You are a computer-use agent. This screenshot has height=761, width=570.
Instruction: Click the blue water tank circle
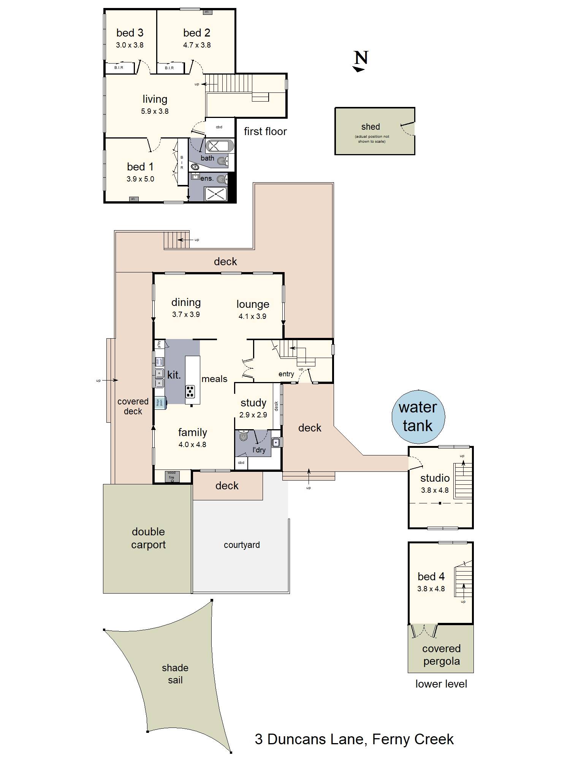coord(418,417)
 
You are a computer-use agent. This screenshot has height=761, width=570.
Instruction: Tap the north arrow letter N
coord(361,58)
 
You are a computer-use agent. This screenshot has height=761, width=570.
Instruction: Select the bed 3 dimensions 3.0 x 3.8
coord(130,45)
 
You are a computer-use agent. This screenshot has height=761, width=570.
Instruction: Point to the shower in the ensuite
coord(215,193)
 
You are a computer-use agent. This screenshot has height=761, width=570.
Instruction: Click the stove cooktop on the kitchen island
coord(190,391)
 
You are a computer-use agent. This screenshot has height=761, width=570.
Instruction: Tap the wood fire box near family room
coord(172,476)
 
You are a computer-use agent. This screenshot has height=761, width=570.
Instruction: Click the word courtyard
coord(242,545)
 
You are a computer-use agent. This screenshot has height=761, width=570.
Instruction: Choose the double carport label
coord(148,538)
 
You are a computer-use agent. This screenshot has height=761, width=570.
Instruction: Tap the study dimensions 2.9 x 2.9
coord(253,415)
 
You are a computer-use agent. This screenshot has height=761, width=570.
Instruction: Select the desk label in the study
coord(276,406)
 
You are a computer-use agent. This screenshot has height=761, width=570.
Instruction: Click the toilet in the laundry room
coord(244,436)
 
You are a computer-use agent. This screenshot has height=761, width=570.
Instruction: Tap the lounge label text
coord(253,304)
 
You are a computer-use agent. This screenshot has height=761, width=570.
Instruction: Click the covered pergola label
coord(441,655)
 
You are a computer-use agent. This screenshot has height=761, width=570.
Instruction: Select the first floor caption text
coord(265,131)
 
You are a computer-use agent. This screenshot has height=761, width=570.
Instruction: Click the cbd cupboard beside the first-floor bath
coord(219,127)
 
